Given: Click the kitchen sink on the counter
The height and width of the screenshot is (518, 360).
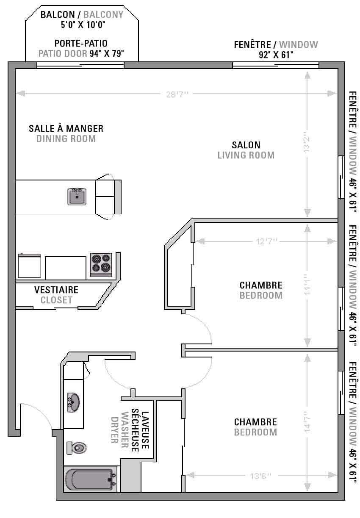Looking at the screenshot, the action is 77,197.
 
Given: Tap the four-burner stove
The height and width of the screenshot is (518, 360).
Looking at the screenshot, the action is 101,265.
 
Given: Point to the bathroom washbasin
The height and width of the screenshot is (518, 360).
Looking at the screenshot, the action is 73,403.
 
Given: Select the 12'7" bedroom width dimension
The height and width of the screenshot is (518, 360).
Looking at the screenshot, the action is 266,241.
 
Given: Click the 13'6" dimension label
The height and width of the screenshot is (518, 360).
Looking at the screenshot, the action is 260,476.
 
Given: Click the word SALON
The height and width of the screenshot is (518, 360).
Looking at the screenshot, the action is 246,145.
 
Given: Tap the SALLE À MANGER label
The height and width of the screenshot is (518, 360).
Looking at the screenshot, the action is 66,128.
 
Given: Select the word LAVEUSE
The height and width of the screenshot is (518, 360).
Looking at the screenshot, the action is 145,430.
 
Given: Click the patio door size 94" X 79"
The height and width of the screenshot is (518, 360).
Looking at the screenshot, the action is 107,54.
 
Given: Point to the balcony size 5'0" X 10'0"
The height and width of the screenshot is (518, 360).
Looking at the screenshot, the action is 83,25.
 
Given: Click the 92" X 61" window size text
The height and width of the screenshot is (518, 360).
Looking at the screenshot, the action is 276,55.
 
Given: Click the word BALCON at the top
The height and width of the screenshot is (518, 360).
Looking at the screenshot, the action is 58,14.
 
